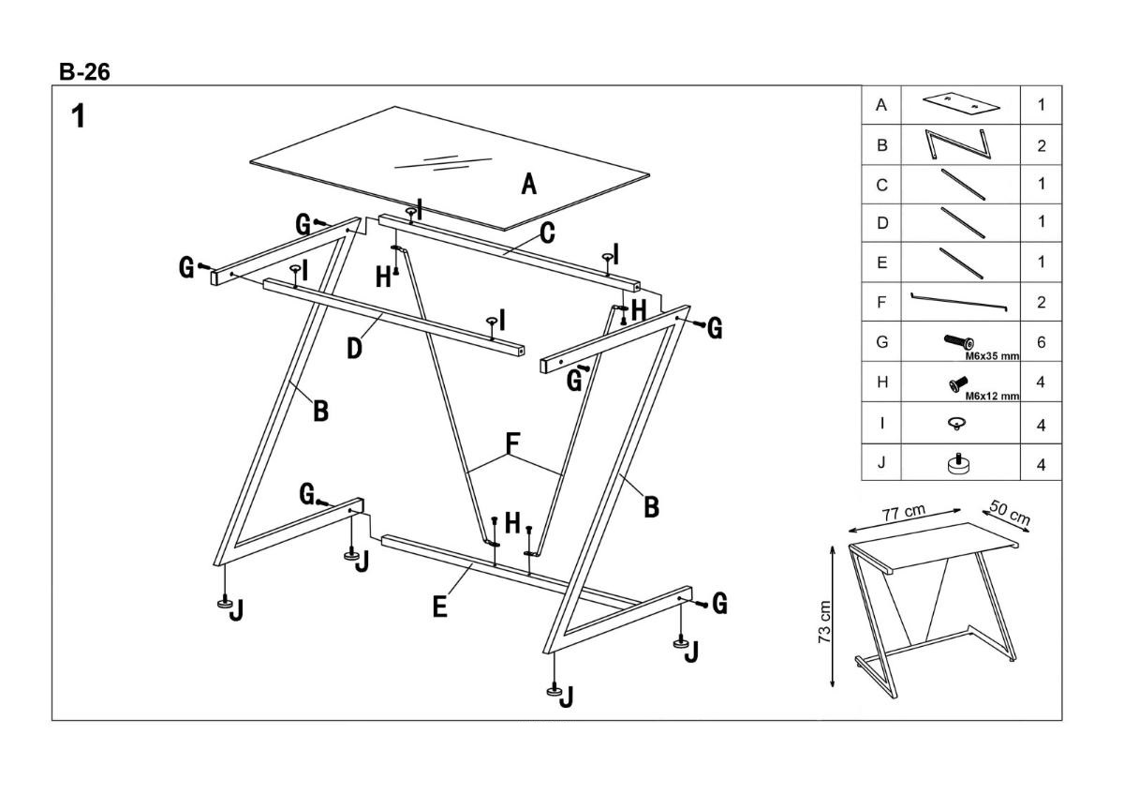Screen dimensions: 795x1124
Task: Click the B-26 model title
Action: point(84,72)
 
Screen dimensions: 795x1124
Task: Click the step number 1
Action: point(80,116)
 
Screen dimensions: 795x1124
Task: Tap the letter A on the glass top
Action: point(529,185)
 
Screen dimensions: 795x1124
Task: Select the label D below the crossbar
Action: point(354,349)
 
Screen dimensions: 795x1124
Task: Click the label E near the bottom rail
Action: point(440,607)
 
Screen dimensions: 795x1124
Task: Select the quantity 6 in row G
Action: point(1042,343)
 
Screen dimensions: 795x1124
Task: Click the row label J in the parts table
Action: point(880,463)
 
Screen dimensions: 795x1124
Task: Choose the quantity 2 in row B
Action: point(1042,146)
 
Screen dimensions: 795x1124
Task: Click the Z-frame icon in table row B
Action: point(958,145)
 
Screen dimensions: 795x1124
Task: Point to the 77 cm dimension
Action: point(904,513)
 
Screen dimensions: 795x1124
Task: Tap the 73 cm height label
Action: point(825,622)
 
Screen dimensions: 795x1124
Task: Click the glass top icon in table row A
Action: point(958,103)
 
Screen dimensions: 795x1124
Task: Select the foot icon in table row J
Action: point(959,463)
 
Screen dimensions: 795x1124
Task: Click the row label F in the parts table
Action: point(880,303)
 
